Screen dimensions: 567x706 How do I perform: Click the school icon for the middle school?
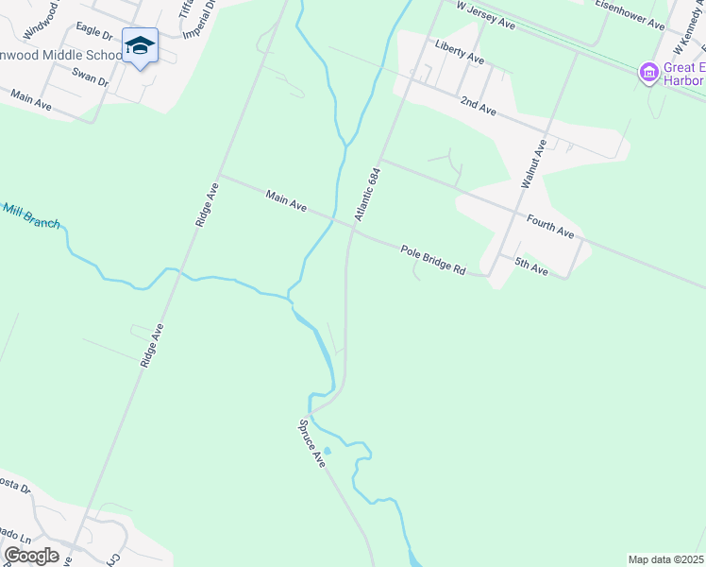pyautogui.click(x=140, y=45)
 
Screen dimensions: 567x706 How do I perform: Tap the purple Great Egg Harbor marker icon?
pyautogui.click(x=648, y=72)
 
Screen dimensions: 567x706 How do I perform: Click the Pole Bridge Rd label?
pyautogui.click(x=433, y=260)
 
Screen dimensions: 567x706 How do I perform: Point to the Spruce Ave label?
pyautogui.click(x=312, y=444)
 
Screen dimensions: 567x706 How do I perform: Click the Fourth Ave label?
pyautogui.click(x=550, y=227)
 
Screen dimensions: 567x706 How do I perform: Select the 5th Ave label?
pyautogui.click(x=531, y=266)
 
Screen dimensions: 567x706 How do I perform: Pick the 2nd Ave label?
pyautogui.click(x=478, y=105)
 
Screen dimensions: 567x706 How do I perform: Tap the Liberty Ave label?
pyautogui.click(x=460, y=52)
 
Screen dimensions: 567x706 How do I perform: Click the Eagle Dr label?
pyautogui.click(x=94, y=32)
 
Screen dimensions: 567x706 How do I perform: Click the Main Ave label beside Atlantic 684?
pyautogui.click(x=287, y=200)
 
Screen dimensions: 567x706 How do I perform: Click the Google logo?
pyautogui.click(x=31, y=556)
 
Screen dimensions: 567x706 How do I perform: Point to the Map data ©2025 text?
pyautogui.click(x=665, y=559)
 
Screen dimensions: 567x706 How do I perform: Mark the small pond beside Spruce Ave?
pyautogui.click(x=327, y=451)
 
